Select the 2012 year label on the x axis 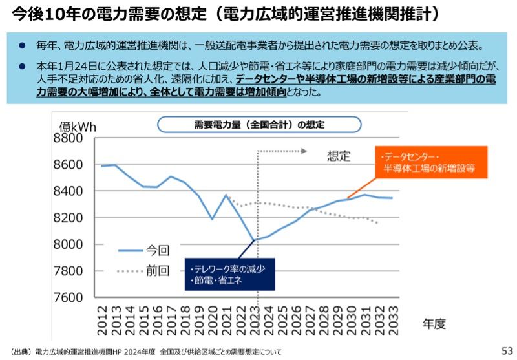click(x=103, y=318)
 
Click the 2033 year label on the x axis click(x=392, y=318)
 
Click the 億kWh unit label click(x=78, y=125)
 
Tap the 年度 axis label click(x=434, y=324)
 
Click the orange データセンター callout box click(x=430, y=163)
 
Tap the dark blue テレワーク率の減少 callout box click(x=229, y=275)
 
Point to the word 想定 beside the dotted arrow click(x=338, y=156)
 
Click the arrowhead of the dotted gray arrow click(x=303, y=151)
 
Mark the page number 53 click(x=507, y=350)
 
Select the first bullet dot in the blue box click(x=21, y=46)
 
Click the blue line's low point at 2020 click(x=212, y=219)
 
